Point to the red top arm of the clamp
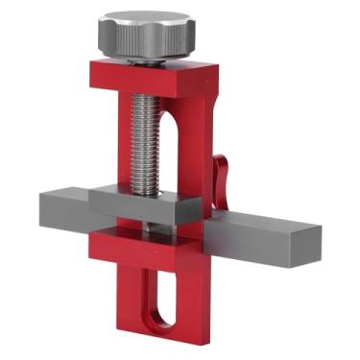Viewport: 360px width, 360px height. pos(144,77)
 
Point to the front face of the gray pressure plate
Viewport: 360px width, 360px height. pos(144,212)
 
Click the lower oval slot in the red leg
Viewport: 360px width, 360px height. pos(164,298)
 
